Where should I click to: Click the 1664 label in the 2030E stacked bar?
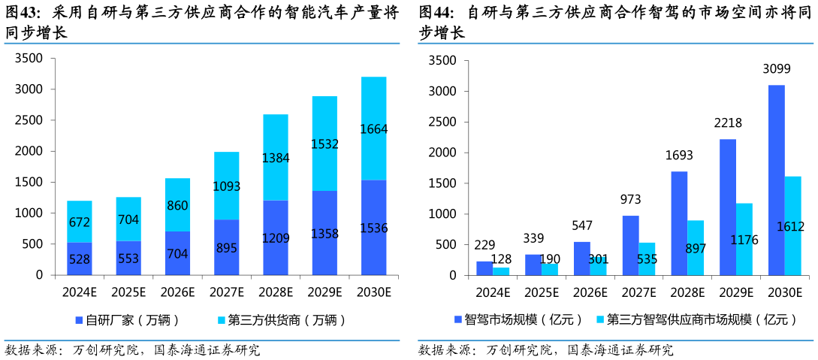pos(373,129)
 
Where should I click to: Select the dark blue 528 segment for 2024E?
pos(80,259)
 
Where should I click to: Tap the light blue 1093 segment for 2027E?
pos(227,186)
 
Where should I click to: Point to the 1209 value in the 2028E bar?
pos(275,237)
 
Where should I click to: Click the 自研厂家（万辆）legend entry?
pos(128,320)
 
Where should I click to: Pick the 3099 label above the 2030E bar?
pos(776,69)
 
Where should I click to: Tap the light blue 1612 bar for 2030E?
pos(792,225)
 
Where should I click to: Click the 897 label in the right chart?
pos(695,250)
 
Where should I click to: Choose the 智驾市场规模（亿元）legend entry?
pos(518,319)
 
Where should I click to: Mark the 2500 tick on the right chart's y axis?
pos(442,122)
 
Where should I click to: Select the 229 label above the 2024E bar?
pos(484,245)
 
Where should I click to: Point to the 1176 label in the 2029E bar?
pos(744,241)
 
